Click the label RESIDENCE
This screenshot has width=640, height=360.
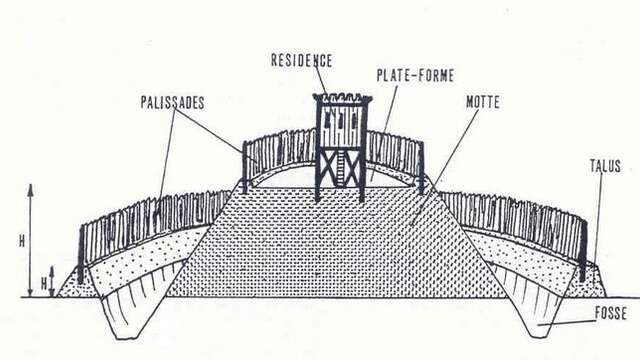[x=301, y=60]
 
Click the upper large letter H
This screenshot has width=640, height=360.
[x=34, y=240]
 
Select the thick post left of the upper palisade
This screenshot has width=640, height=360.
[x=245, y=168]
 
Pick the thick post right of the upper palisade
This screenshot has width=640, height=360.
[x=421, y=167]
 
